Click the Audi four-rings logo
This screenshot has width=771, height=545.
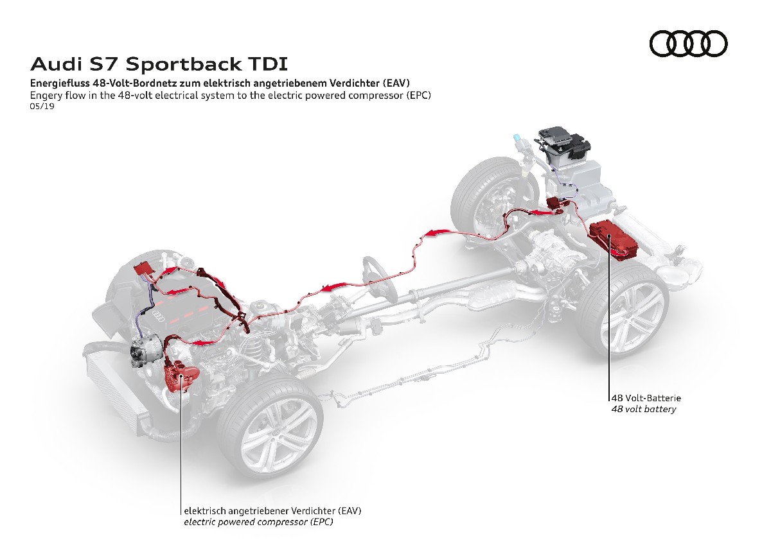pyautogui.click(x=689, y=44)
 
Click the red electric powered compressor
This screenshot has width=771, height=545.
pyautogui.click(x=179, y=375)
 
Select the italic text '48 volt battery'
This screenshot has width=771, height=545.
pyautogui.click(x=643, y=409)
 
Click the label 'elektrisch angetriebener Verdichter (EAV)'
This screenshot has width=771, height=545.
pyautogui.click(x=272, y=512)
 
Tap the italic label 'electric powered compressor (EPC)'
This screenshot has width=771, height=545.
pyautogui.click(x=258, y=523)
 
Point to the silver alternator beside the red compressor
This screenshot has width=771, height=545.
pyautogui.click(x=144, y=354)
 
